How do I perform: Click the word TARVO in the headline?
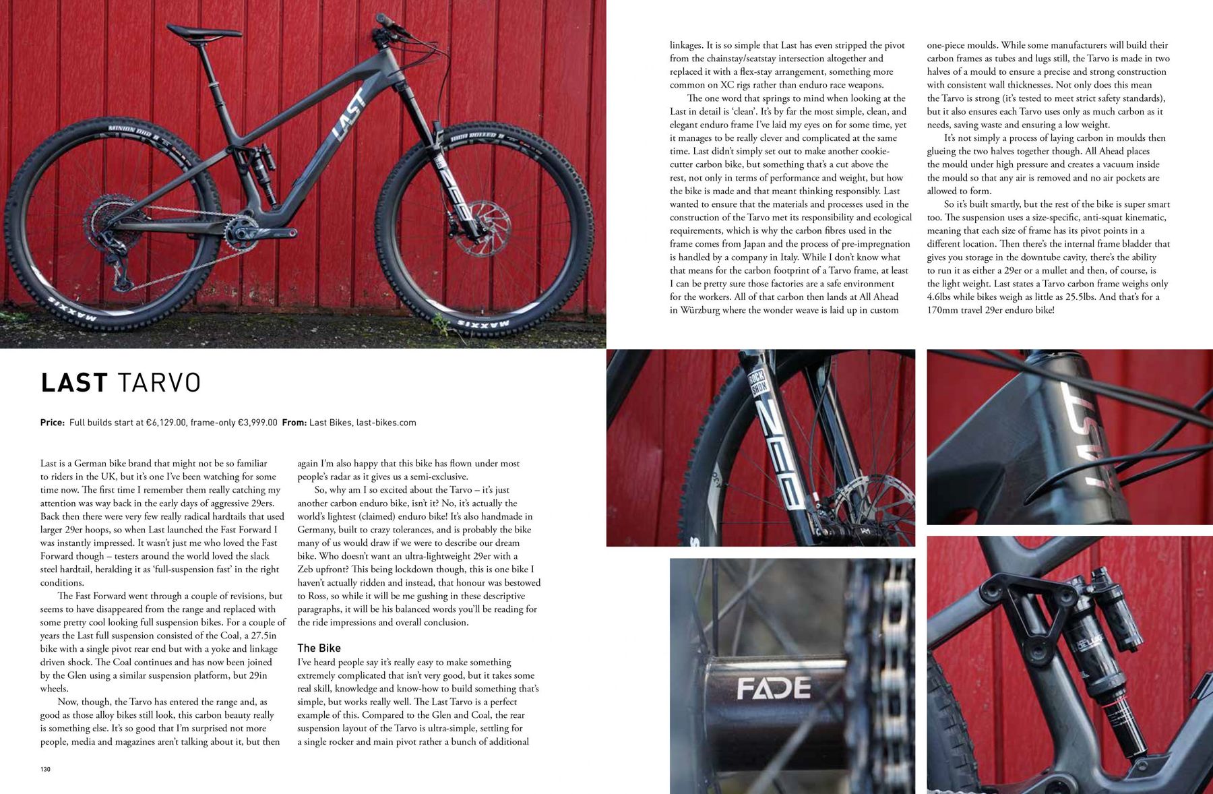coord(160,383)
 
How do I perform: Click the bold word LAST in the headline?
coord(73,383)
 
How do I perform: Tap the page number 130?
coord(45,769)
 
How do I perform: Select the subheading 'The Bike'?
coord(319,648)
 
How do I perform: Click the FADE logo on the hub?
coord(773,688)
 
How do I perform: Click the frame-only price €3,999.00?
coord(255,423)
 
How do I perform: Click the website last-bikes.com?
coord(386,423)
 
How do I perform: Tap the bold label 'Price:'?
coord(53,423)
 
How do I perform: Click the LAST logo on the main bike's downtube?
coord(351,115)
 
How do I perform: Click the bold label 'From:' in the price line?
coord(294,423)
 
